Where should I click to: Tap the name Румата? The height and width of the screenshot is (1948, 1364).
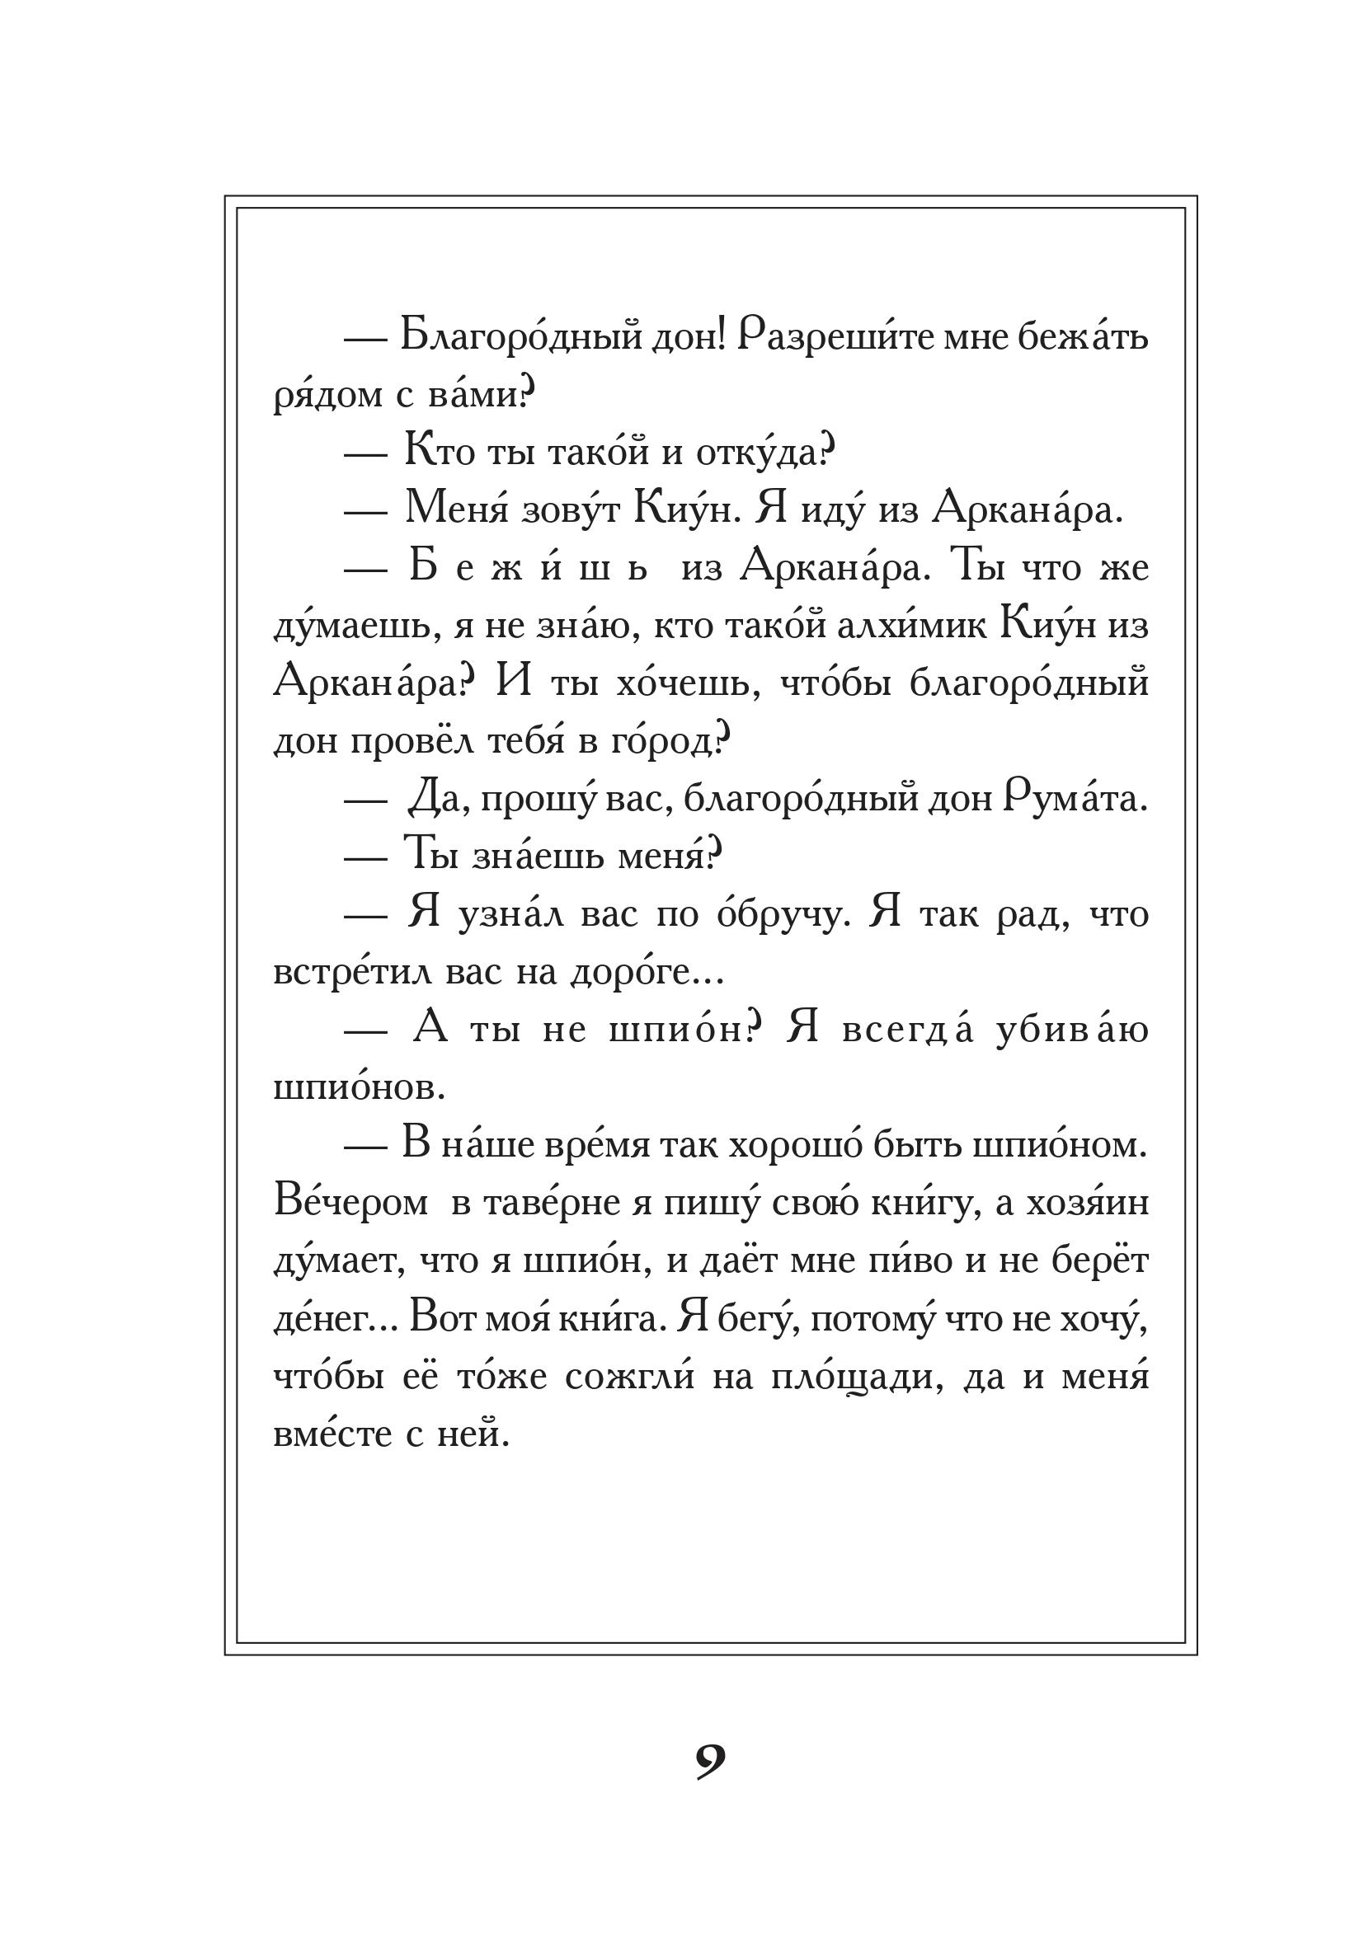pyautogui.click(x=1075, y=799)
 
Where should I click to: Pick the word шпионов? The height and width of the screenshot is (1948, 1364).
pyautogui.click(x=358, y=1087)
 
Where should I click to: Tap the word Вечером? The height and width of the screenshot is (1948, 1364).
pyautogui.click(x=350, y=1203)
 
